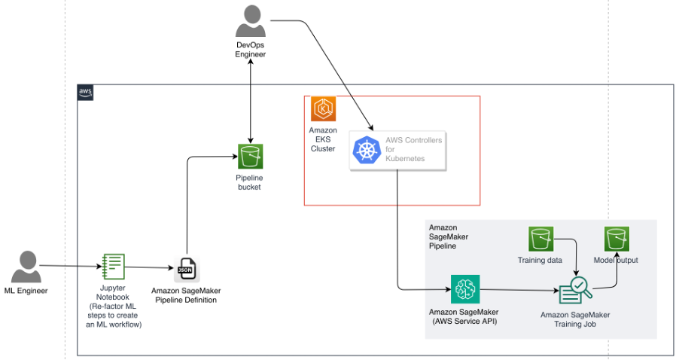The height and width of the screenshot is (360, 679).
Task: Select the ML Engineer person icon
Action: point(26,267)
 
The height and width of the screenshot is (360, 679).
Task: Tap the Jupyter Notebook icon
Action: point(113,267)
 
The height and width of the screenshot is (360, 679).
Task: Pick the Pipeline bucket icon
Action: point(250,156)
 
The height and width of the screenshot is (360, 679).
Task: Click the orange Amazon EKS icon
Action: point(323,109)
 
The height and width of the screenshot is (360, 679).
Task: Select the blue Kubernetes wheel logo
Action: point(367,150)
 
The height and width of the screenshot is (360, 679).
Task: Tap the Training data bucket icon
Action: point(540,239)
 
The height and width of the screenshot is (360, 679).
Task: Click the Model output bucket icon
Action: point(617,239)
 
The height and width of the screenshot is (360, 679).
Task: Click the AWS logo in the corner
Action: point(86,93)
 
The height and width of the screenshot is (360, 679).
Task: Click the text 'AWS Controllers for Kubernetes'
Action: point(413,149)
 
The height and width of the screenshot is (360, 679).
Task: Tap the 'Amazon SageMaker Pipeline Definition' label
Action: point(186,295)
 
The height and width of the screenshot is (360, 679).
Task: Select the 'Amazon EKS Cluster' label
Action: point(323,139)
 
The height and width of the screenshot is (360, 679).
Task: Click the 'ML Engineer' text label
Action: point(26,290)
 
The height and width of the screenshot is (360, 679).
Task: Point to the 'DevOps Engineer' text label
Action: point(251,50)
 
